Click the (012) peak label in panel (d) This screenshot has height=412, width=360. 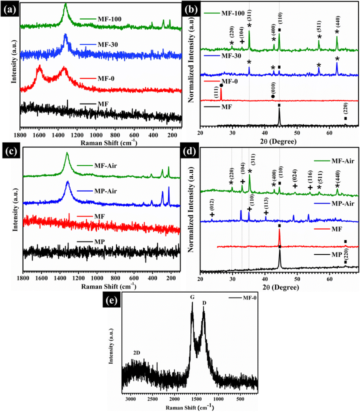click(212, 205)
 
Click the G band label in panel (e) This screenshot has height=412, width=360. click(192, 297)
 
